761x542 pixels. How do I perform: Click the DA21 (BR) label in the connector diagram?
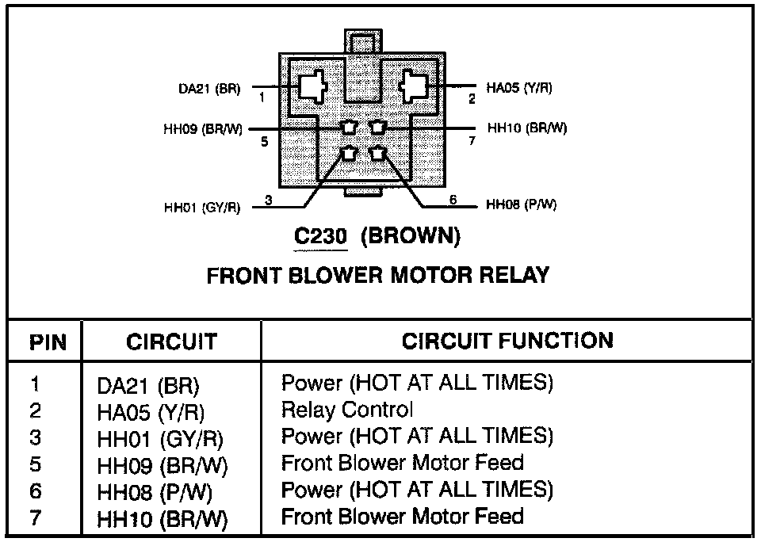click(x=209, y=89)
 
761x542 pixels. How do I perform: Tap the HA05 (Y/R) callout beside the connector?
click(x=518, y=88)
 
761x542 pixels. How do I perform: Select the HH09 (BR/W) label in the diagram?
click(x=203, y=129)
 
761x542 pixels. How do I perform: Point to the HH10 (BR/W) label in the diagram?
click(x=527, y=128)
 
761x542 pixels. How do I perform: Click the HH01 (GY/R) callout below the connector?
click(x=202, y=208)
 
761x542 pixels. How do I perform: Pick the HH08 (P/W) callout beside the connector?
click(x=522, y=204)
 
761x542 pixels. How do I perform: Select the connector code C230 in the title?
click(x=321, y=236)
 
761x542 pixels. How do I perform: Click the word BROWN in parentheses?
click(x=411, y=236)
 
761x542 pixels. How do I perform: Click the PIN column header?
click(x=48, y=342)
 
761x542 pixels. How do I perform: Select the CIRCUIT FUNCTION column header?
click(x=507, y=341)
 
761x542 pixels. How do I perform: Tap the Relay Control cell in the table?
click(x=347, y=410)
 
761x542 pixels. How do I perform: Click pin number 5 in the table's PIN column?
click(x=36, y=464)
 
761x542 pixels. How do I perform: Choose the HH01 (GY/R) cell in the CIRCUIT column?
click(x=160, y=440)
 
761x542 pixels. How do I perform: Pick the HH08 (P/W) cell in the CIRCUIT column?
click(x=155, y=493)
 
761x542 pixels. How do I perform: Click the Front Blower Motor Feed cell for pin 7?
click(x=403, y=516)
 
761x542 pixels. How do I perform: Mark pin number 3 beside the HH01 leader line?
click(x=269, y=200)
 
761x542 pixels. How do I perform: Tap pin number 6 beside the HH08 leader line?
click(x=453, y=200)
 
